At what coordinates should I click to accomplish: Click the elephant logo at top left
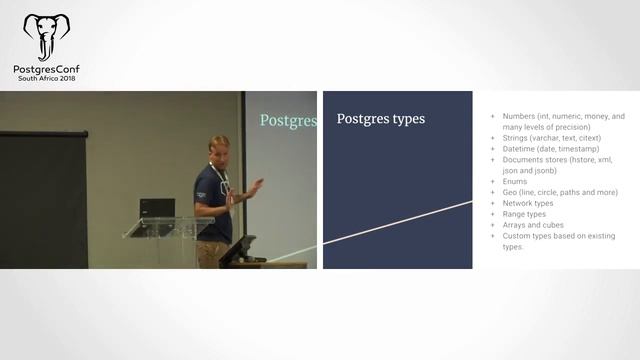(47, 38)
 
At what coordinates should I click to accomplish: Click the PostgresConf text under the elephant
(47, 70)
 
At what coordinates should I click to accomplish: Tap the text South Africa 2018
(47, 80)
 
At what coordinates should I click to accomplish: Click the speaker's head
(219, 147)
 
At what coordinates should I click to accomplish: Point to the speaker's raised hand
(256, 185)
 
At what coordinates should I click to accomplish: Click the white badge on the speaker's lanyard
(227, 197)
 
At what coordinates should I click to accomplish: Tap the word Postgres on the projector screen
(288, 121)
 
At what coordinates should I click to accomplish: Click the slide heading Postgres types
(380, 119)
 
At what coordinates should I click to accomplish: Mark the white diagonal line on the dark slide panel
(400, 227)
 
